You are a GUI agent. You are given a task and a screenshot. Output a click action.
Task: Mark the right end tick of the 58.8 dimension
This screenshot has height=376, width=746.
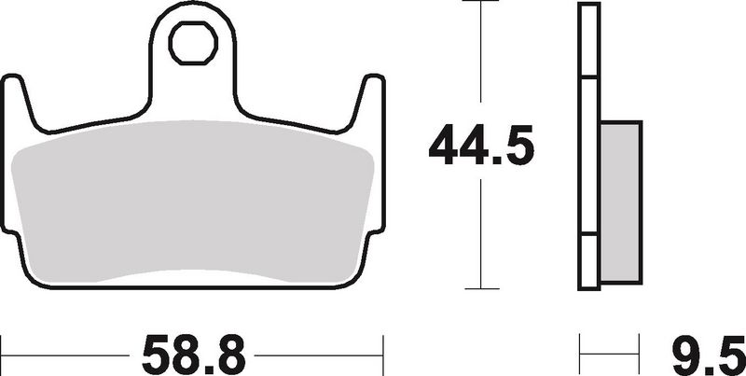tap(383, 353)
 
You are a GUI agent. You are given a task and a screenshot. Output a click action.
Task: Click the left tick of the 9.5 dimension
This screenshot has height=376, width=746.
tap(581, 353)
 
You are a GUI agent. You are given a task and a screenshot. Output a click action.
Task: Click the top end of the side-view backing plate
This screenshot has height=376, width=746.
tap(587, 7)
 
